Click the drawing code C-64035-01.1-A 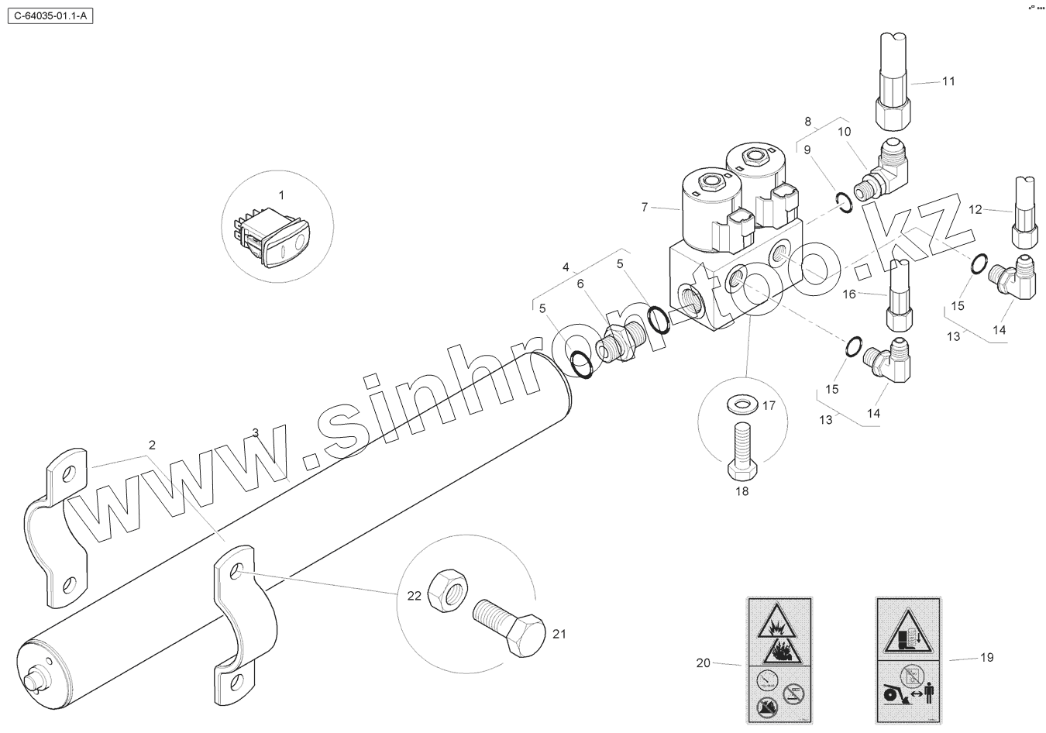click(x=50, y=15)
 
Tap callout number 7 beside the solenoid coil click(x=644, y=207)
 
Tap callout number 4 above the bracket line click(x=566, y=267)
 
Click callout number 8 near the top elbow click(x=807, y=121)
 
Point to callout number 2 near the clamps click(x=152, y=445)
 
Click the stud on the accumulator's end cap click(x=34, y=679)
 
